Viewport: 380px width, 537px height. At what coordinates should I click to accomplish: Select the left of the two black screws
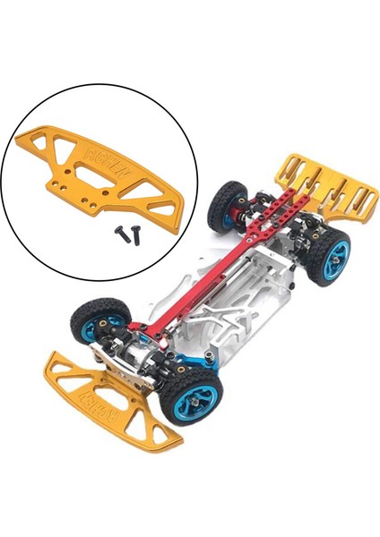pos(118,230)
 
